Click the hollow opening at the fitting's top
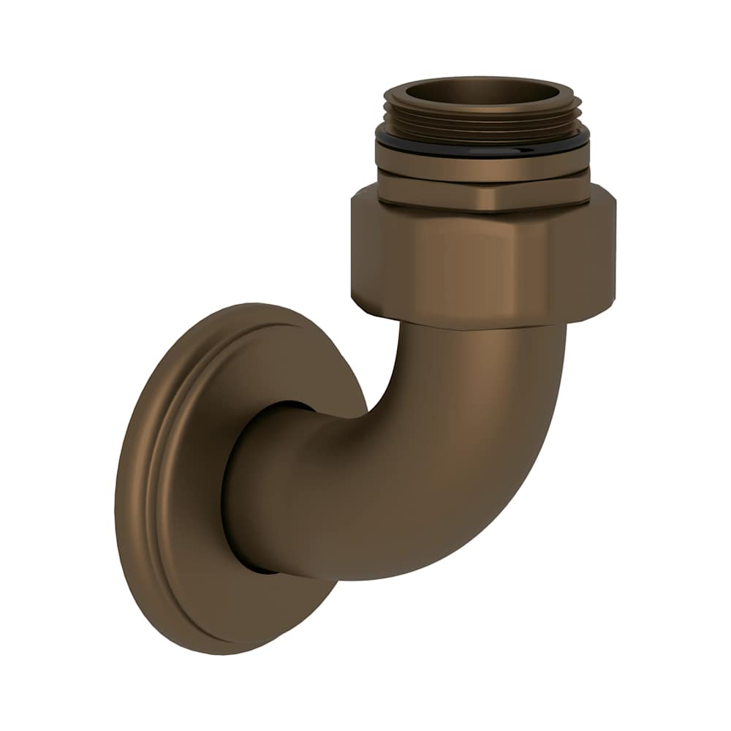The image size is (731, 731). [x=482, y=94]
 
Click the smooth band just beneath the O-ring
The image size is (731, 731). [x=482, y=164]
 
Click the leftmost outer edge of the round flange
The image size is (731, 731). [x=118, y=497]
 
